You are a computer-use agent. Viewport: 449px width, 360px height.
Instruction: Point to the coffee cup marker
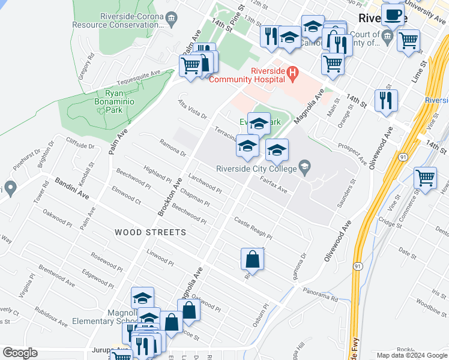[393, 14]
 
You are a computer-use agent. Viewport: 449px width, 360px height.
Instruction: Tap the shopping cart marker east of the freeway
[425, 178]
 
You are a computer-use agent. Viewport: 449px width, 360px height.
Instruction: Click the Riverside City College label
[257, 169]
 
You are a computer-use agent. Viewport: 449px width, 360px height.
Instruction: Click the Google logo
[19, 353]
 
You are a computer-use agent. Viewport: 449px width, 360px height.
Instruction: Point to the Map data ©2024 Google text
[412, 355]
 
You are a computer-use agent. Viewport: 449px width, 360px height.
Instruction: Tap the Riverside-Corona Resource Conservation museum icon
[172, 19]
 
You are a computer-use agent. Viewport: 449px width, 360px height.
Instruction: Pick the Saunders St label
[347, 193]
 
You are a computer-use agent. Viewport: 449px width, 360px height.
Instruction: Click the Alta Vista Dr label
[191, 109]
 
